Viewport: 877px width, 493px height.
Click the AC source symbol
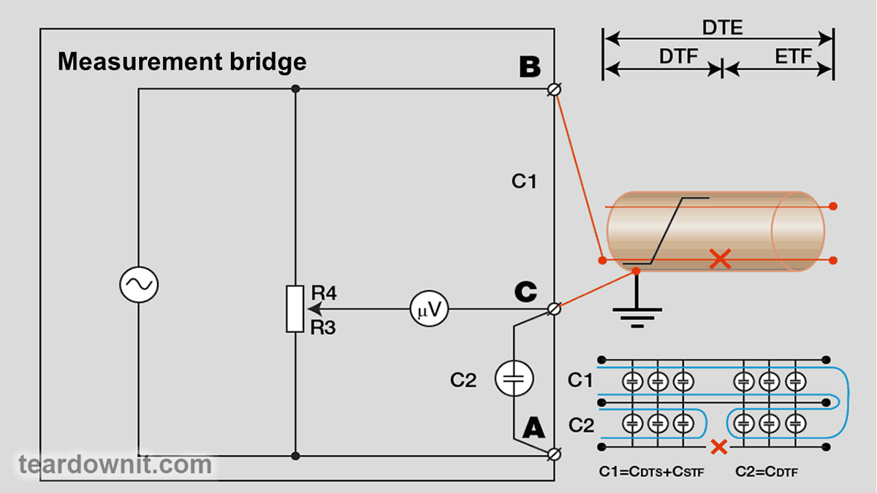coord(139,286)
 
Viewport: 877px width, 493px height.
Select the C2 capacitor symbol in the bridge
coord(514,378)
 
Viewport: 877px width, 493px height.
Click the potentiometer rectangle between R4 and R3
coord(295,309)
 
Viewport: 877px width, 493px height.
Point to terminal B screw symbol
coord(555,89)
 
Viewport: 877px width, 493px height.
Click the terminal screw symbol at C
coord(555,309)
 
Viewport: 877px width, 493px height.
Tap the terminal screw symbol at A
coord(555,454)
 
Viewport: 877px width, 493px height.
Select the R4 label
coord(323,293)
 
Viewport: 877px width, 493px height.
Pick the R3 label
coord(323,328)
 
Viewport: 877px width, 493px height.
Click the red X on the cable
coord(721,259)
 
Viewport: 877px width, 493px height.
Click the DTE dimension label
coord(722,28)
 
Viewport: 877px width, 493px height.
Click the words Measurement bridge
coord(182,61)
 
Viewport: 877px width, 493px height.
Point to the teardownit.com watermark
coord(115,465)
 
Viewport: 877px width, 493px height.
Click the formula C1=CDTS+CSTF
coord(650,471)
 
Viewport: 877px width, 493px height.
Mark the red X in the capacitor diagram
coord(719,446)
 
